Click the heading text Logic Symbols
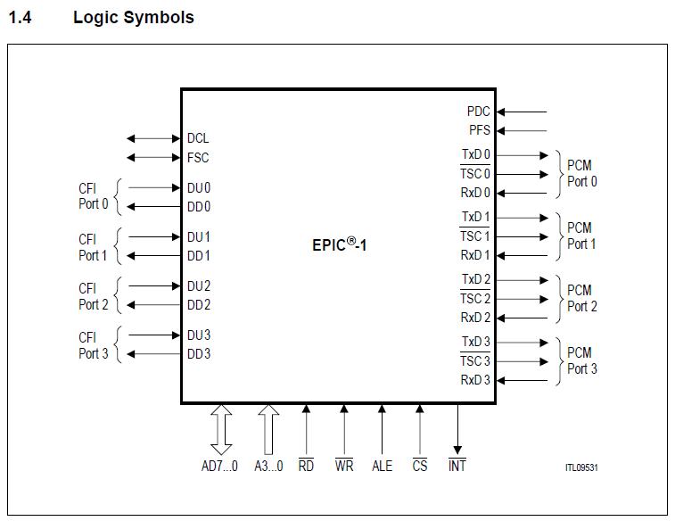pos(133,17)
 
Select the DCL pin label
pos(198,138)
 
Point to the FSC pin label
pos(198,158)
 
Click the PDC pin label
pos(478,112)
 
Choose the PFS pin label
pos(479,130)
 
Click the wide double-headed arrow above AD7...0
pos(220,429)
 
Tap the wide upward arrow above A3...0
pos(268,429)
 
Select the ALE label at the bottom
pos(382,466)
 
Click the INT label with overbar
pos(457,466)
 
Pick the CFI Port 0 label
pos(93,196)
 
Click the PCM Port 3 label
pos(581,360)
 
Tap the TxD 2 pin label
pos(475,279)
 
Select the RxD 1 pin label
pos(475,255)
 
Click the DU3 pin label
pos(199,335)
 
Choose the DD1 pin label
pos(199,256)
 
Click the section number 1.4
pos(20,17)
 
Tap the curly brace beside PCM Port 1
pos(559,236)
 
